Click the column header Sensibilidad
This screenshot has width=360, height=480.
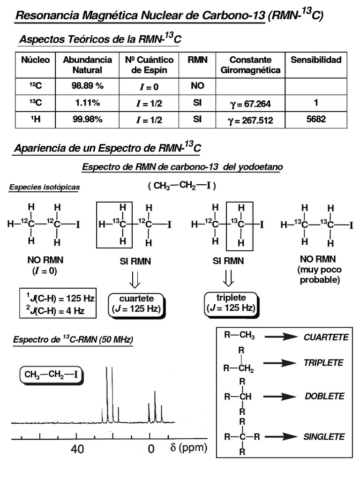tap(316, 60)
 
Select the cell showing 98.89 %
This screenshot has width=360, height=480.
tap(88, 87)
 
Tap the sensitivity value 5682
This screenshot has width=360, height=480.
tap(316, 120)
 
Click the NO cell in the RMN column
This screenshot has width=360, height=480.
tap(197, 87)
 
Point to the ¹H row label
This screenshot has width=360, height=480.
tap(35, 120)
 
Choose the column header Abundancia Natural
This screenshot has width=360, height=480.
tap(88, 65)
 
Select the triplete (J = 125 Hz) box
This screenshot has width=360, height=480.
tap(230, 303)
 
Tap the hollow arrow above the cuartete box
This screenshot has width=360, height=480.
tap(135, 280)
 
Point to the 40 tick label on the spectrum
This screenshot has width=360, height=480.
tap(77, 450)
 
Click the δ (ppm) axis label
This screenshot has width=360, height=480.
tap(188, 448)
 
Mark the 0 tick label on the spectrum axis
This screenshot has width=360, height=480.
tap(151, 450)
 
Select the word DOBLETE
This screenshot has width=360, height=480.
tap(324, 396)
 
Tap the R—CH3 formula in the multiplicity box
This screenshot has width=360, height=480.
tap(240, 335)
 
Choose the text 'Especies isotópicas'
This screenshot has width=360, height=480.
tap(45, 187)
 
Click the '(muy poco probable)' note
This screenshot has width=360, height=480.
tap(319, 275)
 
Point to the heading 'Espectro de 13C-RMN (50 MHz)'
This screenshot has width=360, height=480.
tap(73, 340)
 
